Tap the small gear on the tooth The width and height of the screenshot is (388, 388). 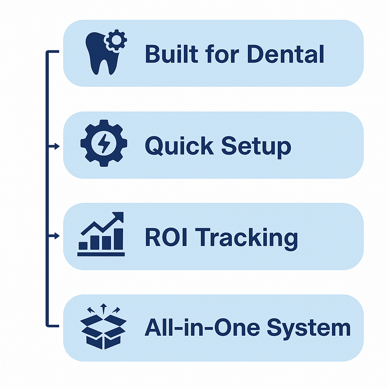click(x=116, y=40)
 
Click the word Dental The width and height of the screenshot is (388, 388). click(x=285, y=54)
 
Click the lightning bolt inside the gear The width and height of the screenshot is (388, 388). click(x=104, y=143)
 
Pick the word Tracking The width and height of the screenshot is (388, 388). click(x=248, y=238)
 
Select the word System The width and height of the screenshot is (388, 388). click(x=308, y=328)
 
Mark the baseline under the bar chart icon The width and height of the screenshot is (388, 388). click(x=101, y=254)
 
